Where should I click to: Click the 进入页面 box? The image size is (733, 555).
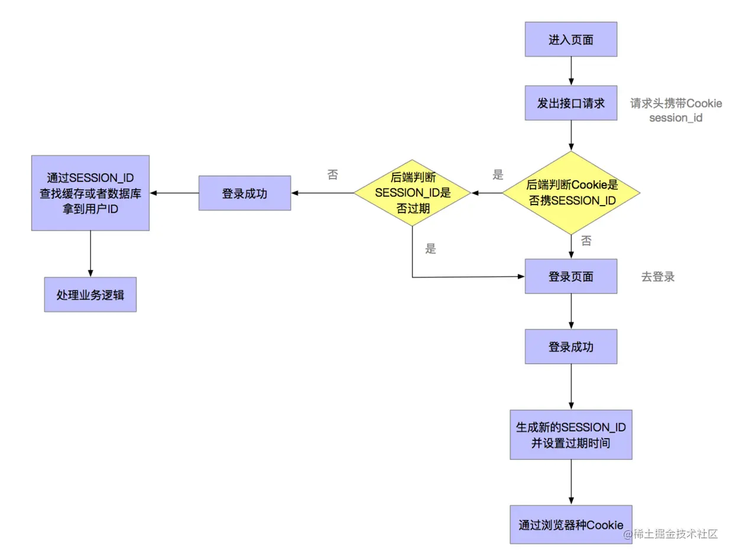tap(570, 40)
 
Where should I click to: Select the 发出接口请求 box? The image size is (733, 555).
tap(570, 103)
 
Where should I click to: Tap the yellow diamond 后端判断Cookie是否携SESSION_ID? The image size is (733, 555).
tap(571, 193)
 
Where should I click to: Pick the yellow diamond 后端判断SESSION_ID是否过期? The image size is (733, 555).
tap(412, 193)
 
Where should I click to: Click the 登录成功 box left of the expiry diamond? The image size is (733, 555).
tap(244, 193)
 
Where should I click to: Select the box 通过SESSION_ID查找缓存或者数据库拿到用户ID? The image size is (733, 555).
tap(90, 193)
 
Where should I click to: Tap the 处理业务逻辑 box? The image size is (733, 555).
tap(90, 294)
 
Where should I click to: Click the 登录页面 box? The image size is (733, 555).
tap(570, 276)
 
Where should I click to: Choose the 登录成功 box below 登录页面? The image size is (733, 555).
tap(570, 346)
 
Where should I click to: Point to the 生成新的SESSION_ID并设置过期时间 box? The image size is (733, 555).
tap(570, 434)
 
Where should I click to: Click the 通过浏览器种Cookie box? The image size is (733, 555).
tap(570, 524)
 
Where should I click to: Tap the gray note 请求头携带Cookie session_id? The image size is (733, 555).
tap(676, 111)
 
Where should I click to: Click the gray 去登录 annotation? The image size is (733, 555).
tap(657, 277)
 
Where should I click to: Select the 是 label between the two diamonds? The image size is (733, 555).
tap(498, 175)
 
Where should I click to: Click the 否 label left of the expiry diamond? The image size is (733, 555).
tap(333, 175)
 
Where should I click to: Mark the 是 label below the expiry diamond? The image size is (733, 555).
tap(430, 249)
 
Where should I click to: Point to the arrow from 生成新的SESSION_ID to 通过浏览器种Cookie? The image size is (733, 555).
tap(570, 482)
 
